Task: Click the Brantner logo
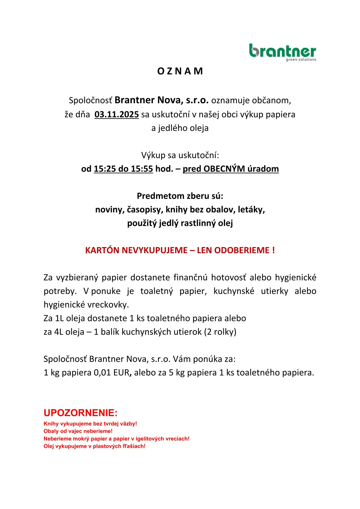click(282, 51)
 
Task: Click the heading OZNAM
click(180, 71)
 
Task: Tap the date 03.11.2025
click(116, 115)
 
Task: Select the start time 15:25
click(105, 169)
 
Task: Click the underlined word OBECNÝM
click(224, 169)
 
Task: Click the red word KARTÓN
click(102, 250)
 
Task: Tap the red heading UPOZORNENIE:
click(80, 413)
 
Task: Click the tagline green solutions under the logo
click(301, 60)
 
